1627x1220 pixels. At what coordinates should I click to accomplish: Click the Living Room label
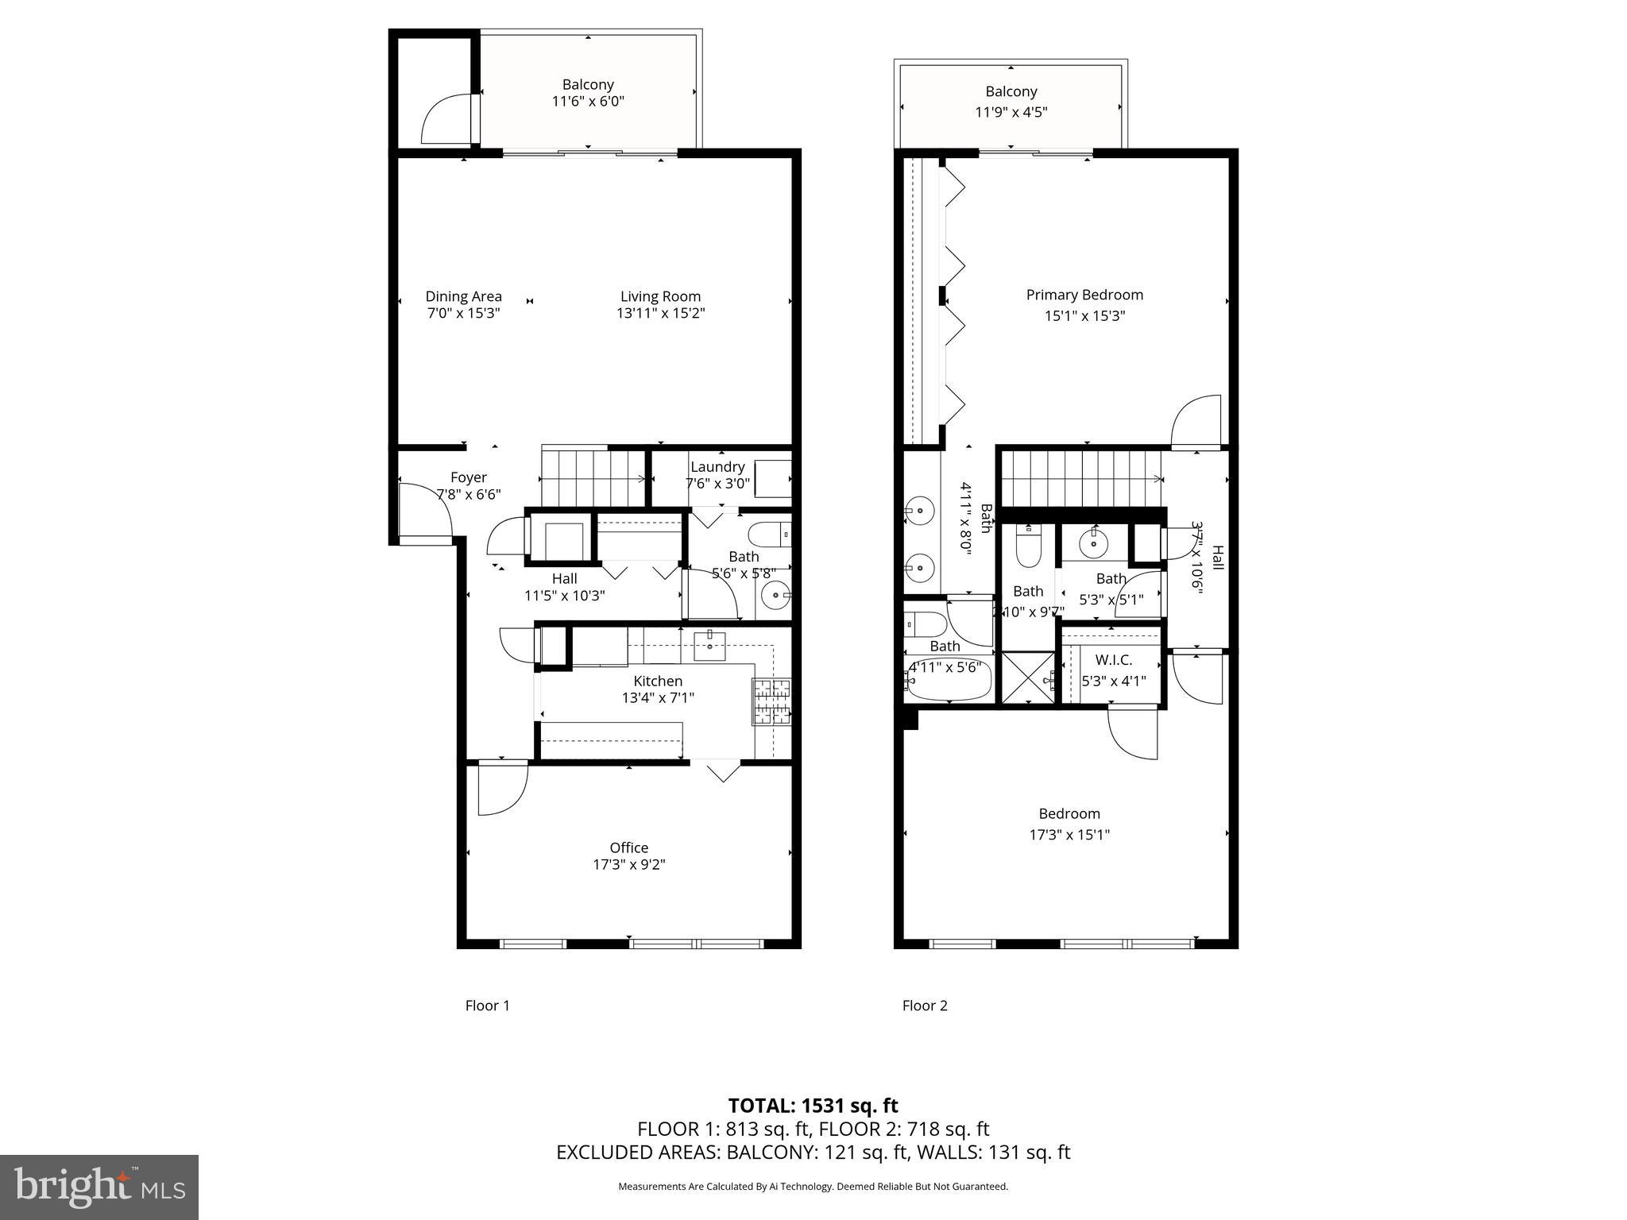click(660, 297)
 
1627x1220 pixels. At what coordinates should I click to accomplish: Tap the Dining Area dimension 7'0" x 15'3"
click(463, 314)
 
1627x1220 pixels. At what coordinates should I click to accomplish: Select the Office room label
click(628, 847)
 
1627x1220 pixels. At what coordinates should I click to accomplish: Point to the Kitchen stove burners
click(771, 702)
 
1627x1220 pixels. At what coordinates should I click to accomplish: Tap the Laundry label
click(717, 467)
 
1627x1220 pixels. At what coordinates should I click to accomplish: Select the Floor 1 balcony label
click(588, 84)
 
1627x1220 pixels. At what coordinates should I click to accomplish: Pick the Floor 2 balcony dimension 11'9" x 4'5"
click(1011, 112)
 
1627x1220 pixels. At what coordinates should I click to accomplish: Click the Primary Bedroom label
click(1084, 295)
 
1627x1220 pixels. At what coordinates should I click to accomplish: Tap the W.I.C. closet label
click(1113, 660)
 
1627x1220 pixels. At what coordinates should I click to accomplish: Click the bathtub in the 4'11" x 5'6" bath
click(948, 683)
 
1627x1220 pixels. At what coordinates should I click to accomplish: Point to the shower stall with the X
click(1027, 678)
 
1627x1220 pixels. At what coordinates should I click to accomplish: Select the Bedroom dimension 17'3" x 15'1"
click(1069, 835)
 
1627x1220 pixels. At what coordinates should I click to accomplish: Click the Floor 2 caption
click(924, 1006)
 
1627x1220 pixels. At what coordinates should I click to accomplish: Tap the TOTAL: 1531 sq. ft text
click(813, 1106)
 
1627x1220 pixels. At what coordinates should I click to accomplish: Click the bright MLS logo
click(99, 1187)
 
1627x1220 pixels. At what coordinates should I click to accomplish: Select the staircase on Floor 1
click(593, 477)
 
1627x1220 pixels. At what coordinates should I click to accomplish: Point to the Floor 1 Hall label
click(564, 578)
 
